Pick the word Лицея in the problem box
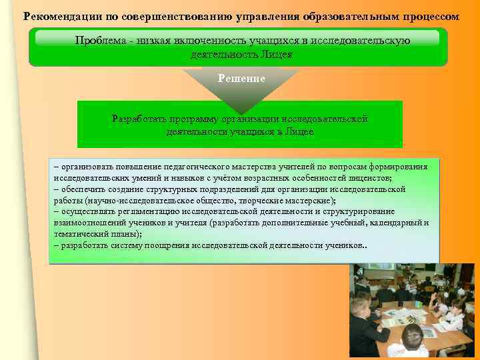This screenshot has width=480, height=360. [275, 55]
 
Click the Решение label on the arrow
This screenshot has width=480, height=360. [241, 79]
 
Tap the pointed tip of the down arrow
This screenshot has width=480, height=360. [241, 112]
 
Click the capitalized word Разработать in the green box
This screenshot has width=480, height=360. [139, 119]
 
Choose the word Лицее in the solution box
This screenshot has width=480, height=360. [299, 132]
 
